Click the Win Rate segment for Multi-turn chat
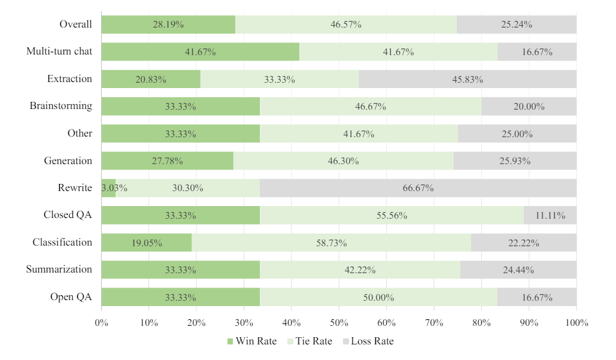[200, 52]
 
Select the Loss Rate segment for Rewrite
[418, 188]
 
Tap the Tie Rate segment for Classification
[331, 243]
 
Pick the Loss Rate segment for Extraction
[468, 79]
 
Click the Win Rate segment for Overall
[168, 25]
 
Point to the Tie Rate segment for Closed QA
[392, 216]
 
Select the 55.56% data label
[392, 216]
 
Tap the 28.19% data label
[168, 25]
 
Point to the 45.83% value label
[468, 79]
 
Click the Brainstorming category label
[61, 106]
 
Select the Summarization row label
[59, 270]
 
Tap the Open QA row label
[71, 297]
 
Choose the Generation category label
[68, 161]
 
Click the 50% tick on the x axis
[339, 323]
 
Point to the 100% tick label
[576, 323]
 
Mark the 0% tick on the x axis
[101, 323]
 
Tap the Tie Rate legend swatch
[290, 341]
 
